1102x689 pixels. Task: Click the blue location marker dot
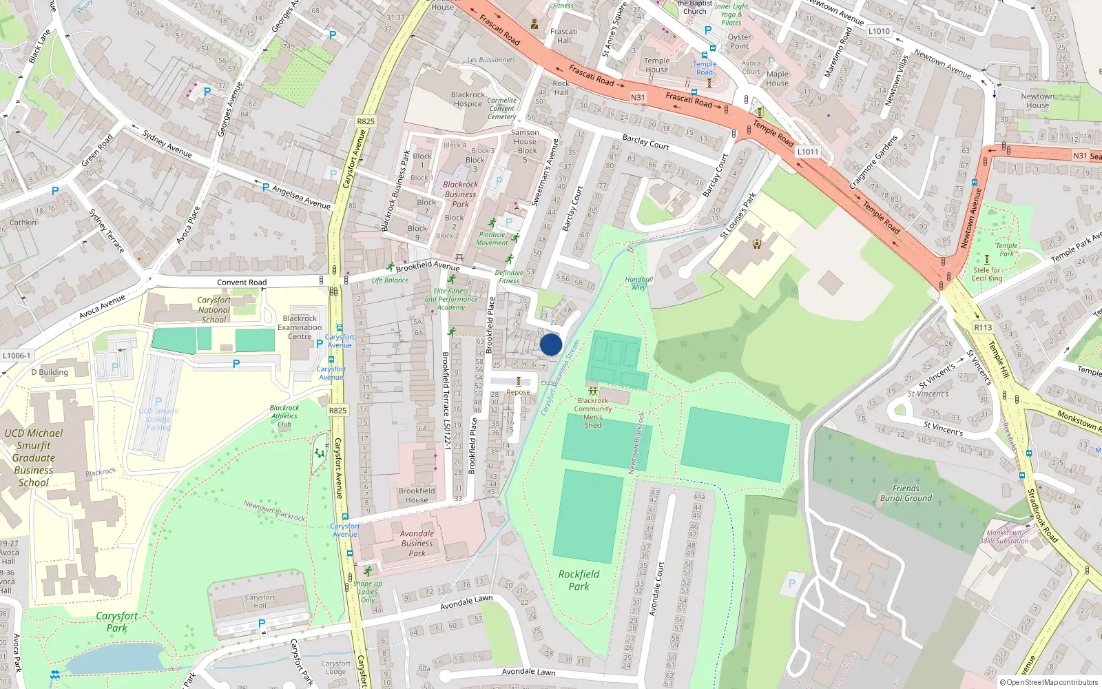(x=551, y=344)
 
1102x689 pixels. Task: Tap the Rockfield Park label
(x=579, y=580)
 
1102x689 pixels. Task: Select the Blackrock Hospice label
(x=468, y=99)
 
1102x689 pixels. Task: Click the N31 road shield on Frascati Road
(x=638, y=97)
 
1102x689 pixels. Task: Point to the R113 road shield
(x=983, y=327)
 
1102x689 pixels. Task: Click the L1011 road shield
(x=807, y=152)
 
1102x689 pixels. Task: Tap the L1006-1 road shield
(x=17, y=356)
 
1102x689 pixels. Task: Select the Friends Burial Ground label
(x=906, y=493)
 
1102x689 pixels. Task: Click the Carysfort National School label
(x=214, y=309)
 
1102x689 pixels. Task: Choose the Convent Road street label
(x=241, y=282)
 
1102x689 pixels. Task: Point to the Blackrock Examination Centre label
(x=300, y=327)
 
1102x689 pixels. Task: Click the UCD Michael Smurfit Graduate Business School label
(x=33, y=457)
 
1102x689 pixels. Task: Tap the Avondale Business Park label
(x=417, y=543)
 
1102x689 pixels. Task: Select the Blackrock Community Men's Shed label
(x=593, y=413)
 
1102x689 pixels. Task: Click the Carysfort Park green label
(x=116, y=621)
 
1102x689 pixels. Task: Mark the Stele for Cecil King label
(x=986, y=274)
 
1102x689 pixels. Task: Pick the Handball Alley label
(x=639, y=283)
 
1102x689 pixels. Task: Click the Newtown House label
(x=1037, y=101)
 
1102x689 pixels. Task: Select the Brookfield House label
(x=416, y=495)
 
